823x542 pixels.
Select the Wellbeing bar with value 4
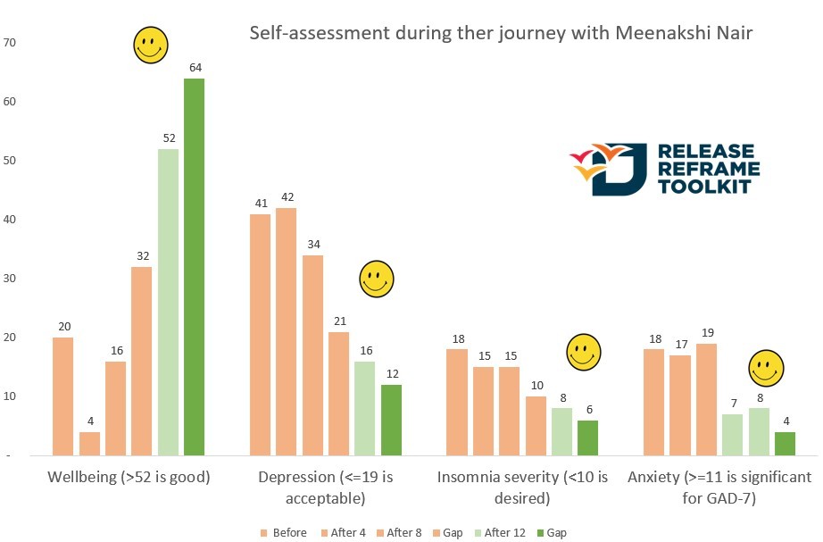tap(89, 444)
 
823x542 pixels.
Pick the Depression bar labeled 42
tap(286, 331)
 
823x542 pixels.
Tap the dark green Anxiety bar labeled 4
tap(784, 444)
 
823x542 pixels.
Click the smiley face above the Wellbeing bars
tap(151, 46)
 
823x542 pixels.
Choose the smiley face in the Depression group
tap(376, 279)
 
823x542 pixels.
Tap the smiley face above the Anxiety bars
tap(765, 367)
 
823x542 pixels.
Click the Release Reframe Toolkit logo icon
tap(605, 168)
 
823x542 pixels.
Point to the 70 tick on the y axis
tap(10, 42)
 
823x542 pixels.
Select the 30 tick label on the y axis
tap(10, 278)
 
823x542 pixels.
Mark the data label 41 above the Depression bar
tap(260, 203)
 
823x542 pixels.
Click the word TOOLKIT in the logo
tap(706, 187)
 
